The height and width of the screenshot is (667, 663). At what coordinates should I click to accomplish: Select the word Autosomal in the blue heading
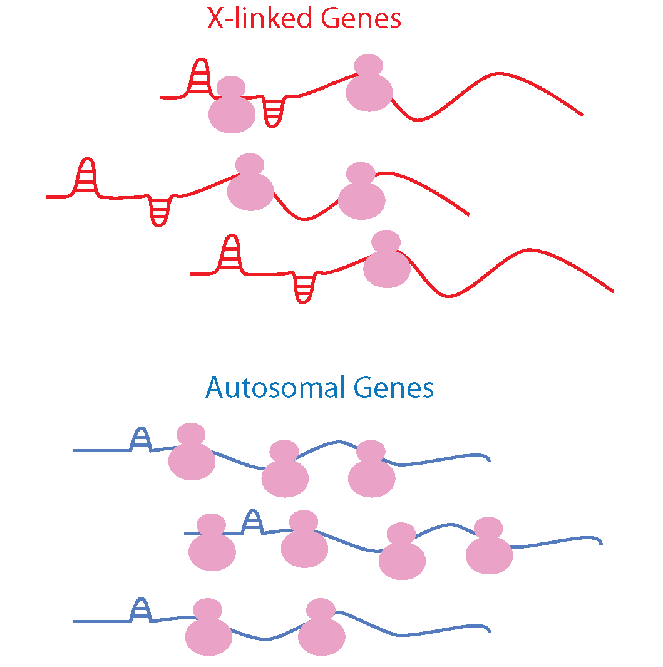coord(275,388)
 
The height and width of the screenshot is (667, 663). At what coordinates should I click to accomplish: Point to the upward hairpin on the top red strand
coord(200,78)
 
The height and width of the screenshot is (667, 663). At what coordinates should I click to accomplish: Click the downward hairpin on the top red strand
coord(273,111)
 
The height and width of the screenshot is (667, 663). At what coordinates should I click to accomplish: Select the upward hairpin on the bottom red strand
coord(231,254)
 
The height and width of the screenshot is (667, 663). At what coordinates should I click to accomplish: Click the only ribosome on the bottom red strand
coord(387,262)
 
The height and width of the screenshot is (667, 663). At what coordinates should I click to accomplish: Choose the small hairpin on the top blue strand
coord(141,440)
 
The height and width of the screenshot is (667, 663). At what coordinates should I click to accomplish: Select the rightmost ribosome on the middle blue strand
coord(489,548)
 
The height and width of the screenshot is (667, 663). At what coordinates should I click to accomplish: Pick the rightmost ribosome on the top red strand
coord(369,85)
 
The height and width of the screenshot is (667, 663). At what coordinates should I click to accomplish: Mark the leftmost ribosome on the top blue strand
coord(192,454)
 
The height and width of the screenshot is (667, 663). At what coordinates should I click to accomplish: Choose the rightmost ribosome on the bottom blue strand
coord(321,629)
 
